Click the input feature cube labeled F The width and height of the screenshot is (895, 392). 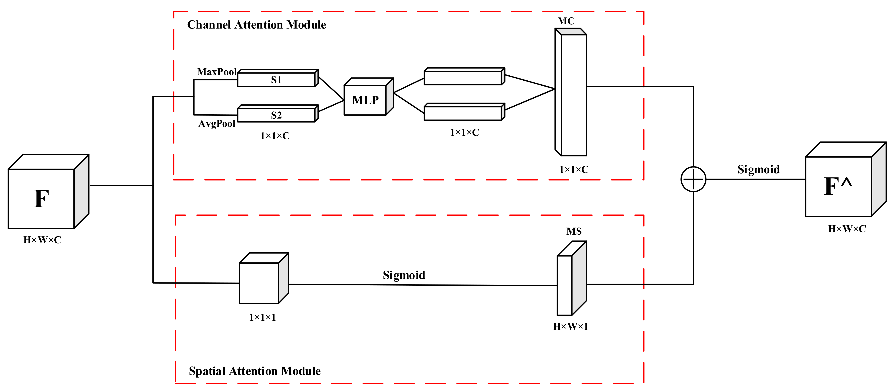pyautogui.click(x=42, y=198)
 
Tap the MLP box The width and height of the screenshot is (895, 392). pyautogui.click(x=365, y=100)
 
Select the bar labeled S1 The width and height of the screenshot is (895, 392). pyautogui.click(x=276, y=79)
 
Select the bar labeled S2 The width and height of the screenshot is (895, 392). pyautogui.click(x=276, y=115)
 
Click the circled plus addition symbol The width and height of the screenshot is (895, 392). pyautogui.click(x=693, y=179)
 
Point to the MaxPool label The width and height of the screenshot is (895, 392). pyautogui.click(x=217, y=72)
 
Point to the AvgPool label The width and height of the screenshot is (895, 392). pyautogui.click(x=217, y=123)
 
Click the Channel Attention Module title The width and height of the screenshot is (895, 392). pyautogui.click(x=256, y=25)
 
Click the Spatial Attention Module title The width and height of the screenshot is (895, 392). pyautogui.click(x=255, y=371)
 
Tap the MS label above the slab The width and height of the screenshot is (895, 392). pyautogui.click(x=574, y=231)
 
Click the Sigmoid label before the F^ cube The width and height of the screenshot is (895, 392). pyautogui.click(x=758, y=170)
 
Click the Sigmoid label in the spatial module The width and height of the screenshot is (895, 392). pyautogui.click(x=404, y=275)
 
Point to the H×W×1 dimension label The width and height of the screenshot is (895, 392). pyautogui.click(x=570, y=326)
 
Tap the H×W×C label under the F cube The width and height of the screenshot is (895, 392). pyautogui.click(x=42, y=240)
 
